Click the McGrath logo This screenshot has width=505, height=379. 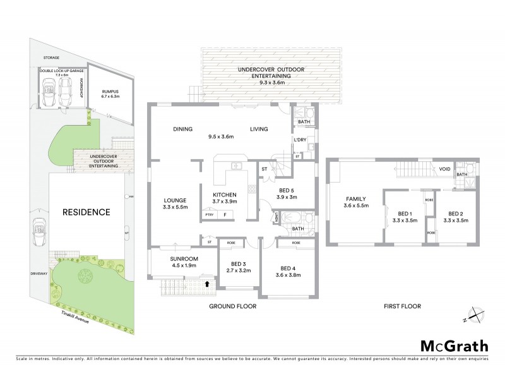coord(454,346)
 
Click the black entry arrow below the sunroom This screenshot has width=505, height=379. coord(208,284)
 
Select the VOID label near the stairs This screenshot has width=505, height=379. coord(445,169)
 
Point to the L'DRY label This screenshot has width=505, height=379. coord(299,140)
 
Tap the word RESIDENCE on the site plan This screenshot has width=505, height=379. coord(85,212)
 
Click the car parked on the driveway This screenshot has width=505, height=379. coord(39,231)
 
